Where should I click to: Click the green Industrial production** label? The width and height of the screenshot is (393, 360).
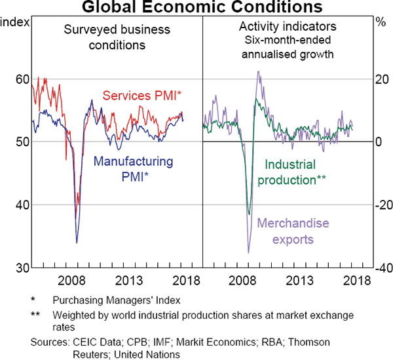pos(295,172)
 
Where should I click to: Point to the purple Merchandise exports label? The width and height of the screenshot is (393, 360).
pos(293,231)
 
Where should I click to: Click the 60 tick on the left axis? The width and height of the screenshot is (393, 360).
pos(22,79)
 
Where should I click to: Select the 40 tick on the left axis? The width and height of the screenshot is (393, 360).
pos(22,205)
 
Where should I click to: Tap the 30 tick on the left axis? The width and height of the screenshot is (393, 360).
pos(22,268)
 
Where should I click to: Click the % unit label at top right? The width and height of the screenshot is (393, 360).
pos(381,22)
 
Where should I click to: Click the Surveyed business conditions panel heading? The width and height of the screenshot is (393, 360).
pos(108,37)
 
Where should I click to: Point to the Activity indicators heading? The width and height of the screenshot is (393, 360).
pos(288,27)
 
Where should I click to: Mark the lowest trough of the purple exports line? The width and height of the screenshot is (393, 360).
pos(248,252)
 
